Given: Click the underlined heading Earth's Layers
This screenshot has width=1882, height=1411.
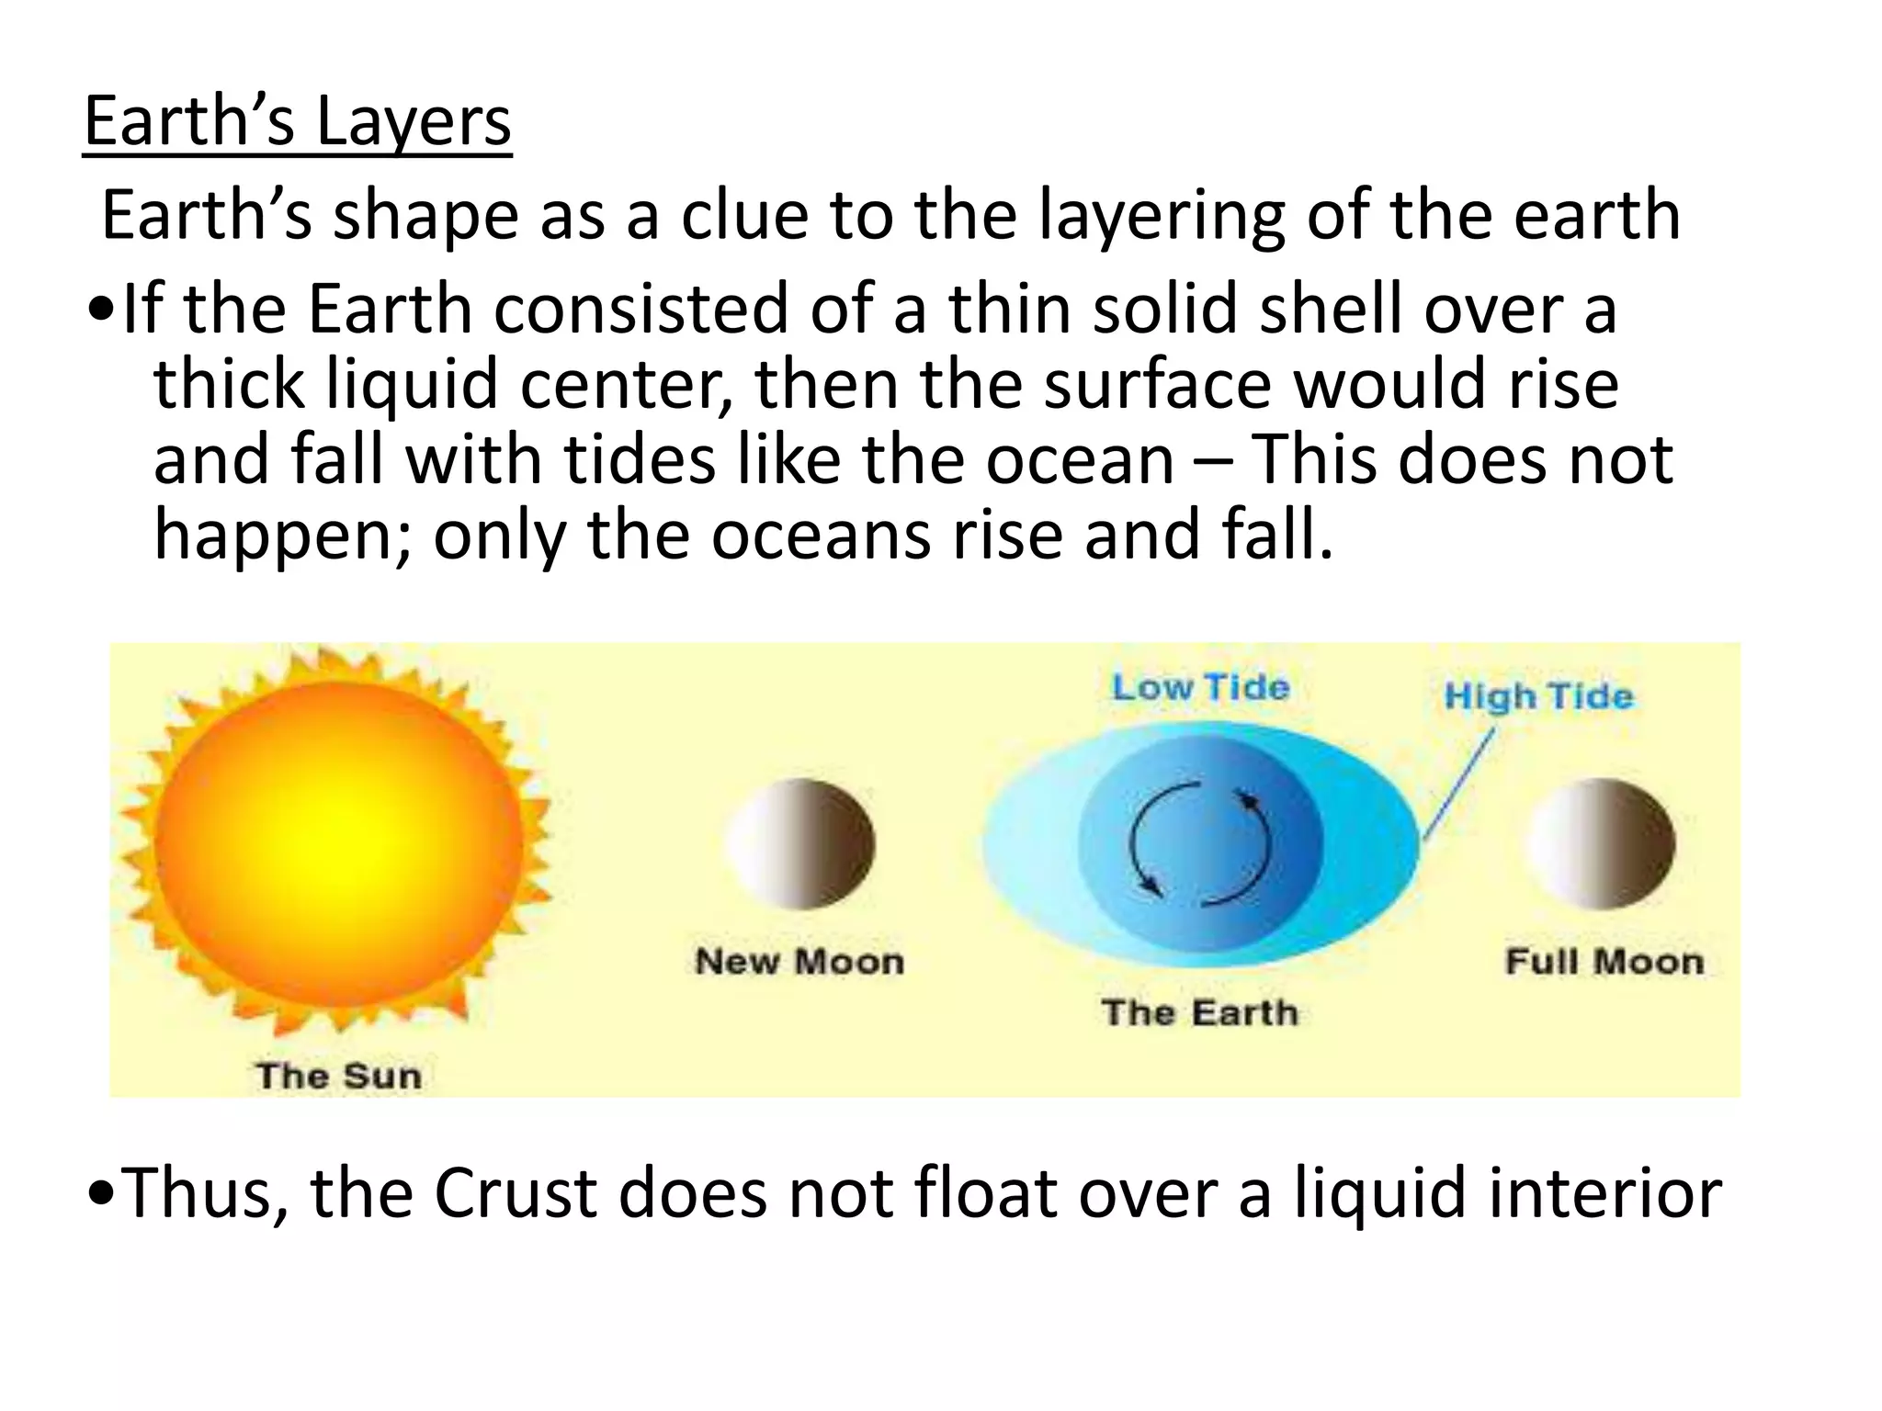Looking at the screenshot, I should (x=297, y=122).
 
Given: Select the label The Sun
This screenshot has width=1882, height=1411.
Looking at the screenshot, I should (x=338, y=1076).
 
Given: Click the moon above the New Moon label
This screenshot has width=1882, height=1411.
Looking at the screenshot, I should (x=800, y=843).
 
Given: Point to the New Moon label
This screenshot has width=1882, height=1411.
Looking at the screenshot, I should (x=799, y=962).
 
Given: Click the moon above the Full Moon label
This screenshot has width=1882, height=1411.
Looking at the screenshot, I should (x=1601, y=843).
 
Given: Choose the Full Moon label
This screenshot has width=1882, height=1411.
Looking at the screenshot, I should (x=1604, y=962).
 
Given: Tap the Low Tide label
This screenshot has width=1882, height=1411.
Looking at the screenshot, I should (x=1200, y=687).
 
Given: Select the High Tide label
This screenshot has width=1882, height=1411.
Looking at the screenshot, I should (x=1538, y=695).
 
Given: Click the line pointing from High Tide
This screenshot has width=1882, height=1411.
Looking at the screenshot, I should (x=1459, y=783).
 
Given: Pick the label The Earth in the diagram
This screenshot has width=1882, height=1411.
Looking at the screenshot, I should (x=1200, y=1012).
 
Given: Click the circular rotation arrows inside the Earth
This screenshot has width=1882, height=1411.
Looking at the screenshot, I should (x=1200, y=843).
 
